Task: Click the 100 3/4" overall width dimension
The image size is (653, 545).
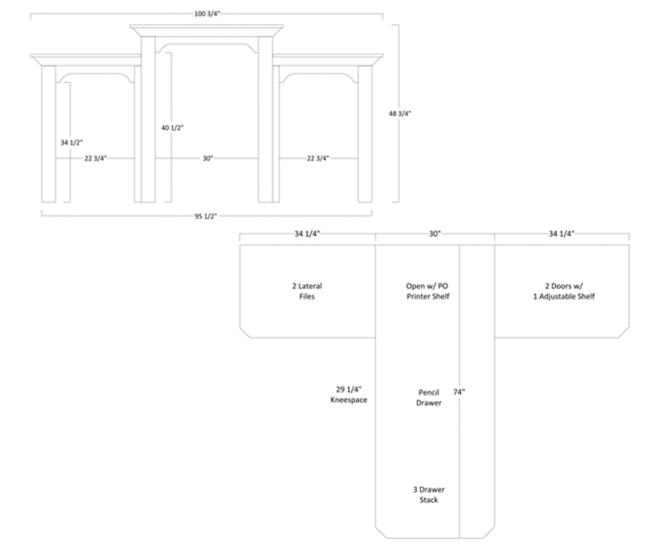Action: [207, 14]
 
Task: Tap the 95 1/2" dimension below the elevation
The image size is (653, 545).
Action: [206, 216]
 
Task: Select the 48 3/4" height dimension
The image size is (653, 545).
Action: [400, 114]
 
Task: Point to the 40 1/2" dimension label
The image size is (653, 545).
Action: [173, 128]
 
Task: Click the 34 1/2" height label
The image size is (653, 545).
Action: [71, 143]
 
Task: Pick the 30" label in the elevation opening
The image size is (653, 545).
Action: [207, 159]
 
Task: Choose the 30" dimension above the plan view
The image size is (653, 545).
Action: [435, 234]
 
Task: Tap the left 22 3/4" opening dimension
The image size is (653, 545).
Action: [95, 159]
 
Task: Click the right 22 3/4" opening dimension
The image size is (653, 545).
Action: [318, 159]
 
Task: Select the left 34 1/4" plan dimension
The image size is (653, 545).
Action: [307, 234]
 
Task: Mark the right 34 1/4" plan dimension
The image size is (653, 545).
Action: [562, 234]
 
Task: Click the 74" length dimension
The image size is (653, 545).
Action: [459, 392]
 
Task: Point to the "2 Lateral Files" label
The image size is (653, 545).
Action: [307, 291]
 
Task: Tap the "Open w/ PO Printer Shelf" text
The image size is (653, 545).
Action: [428, 291]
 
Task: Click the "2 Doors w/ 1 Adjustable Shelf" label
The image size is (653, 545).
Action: [563, 291]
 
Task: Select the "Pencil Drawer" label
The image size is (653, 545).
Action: [429, 397]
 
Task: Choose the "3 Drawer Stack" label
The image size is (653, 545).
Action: [429, 495]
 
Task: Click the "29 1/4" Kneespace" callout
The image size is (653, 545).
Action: [349, 395]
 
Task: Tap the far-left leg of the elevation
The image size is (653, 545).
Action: [48, 134]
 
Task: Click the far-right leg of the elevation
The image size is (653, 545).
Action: [365, 134]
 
